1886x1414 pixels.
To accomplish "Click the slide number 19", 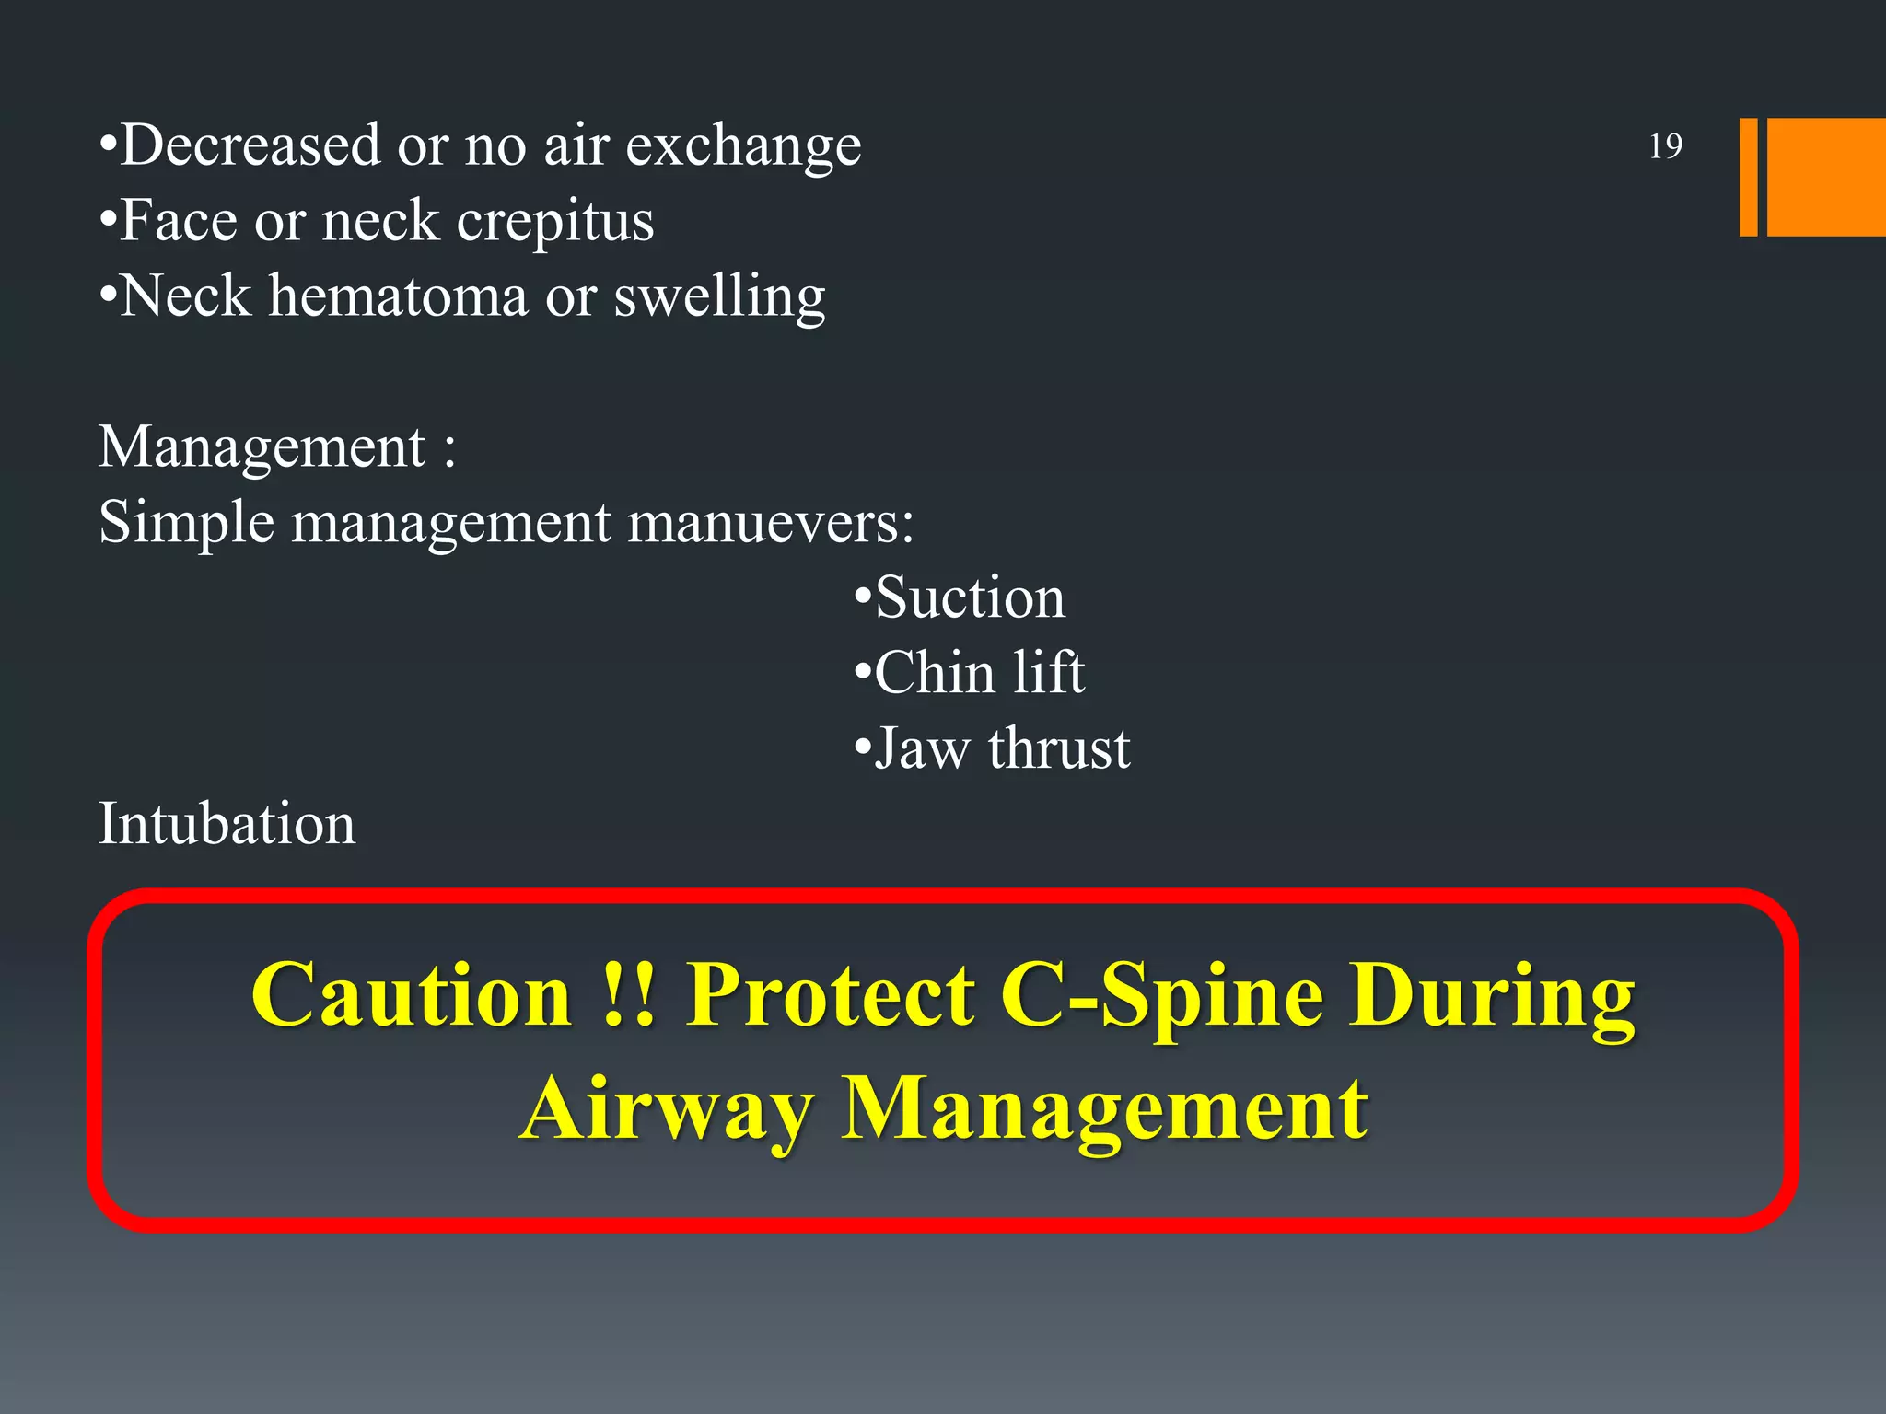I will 1665,146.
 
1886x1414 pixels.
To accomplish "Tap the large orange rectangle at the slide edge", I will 1825,177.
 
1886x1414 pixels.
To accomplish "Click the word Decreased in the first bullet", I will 250,145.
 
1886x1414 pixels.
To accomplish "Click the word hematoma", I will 398,296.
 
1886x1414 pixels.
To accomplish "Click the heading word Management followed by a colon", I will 262,448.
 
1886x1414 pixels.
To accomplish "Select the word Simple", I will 186,524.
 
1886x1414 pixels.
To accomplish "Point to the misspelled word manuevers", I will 770,524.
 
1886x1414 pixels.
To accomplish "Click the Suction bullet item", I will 970,597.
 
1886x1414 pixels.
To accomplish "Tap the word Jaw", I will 921,748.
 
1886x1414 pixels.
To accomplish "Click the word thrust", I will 1059,748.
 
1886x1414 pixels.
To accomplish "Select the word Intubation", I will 227,824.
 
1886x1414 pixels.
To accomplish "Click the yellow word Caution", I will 412,995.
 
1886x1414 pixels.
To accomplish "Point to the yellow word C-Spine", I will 1161,997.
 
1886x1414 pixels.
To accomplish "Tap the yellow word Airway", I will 667,1109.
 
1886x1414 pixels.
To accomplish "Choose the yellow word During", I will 1492,997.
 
